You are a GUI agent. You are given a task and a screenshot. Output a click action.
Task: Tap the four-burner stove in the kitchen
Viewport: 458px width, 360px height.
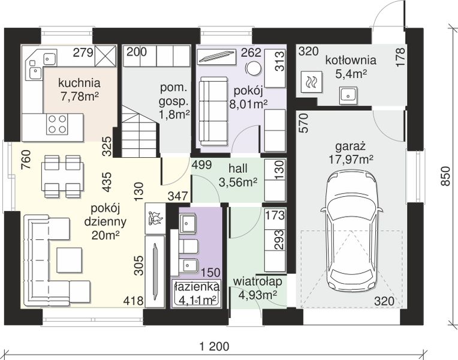[x=58, y=124]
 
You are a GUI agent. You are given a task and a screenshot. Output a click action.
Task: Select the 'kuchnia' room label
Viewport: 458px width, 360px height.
[x=79, y=83]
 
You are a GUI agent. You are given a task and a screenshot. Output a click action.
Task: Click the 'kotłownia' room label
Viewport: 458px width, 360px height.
[x=351, y=61]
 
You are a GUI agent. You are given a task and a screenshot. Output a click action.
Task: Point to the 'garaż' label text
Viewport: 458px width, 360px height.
[x=351, y=146]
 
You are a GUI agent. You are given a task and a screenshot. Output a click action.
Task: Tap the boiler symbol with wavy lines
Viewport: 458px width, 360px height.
[x=311, y=82]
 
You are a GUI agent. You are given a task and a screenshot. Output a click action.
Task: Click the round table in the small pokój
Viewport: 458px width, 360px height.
[x=253, y=68]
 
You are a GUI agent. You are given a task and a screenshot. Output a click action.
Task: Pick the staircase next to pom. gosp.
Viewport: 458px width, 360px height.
[x=139, y=131]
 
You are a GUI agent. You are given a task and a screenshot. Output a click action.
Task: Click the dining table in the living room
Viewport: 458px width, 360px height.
[x=63, y=176]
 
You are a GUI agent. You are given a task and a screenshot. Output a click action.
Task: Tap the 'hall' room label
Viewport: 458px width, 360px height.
[x=238, y=169]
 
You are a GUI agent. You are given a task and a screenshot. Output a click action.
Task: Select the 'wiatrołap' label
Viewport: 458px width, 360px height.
[x=258, y=281]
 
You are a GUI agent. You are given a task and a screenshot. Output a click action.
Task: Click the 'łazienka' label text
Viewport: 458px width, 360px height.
[x=196, y=286]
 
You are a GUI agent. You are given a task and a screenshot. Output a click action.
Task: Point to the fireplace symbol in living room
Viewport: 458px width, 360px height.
[x=155, y=218]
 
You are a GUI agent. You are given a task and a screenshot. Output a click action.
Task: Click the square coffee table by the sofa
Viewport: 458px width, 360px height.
[x=69, y=260]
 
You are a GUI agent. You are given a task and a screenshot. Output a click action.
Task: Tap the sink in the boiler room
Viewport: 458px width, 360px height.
[x=348, y=95]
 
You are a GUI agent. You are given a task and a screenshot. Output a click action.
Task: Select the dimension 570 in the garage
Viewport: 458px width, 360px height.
[x=304, y=123]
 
